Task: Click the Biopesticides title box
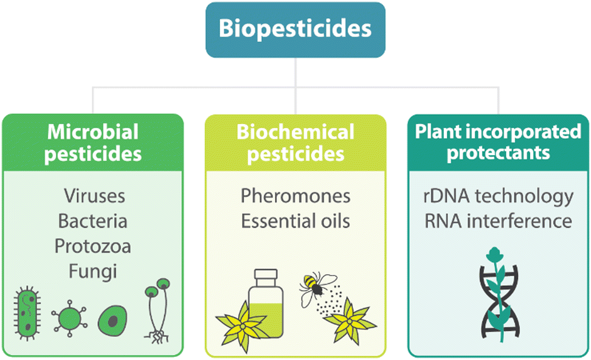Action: [295, 30]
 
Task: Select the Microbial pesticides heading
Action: [92, 143]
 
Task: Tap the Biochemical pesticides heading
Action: [295, 143]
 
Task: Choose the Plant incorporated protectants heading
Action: [498, 142]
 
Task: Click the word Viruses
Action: [94, 196]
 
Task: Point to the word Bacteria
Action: [92, 221]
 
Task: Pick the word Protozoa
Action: [92, 246]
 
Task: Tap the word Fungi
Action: [92, 272]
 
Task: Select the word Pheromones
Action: [295, 196]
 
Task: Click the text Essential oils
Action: [295, 221]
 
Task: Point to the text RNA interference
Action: [499, 221]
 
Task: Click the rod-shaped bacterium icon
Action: [27, 314]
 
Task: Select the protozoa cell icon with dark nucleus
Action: [112, 321]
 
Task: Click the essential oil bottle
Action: [266, 303]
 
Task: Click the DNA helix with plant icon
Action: [499, 295]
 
